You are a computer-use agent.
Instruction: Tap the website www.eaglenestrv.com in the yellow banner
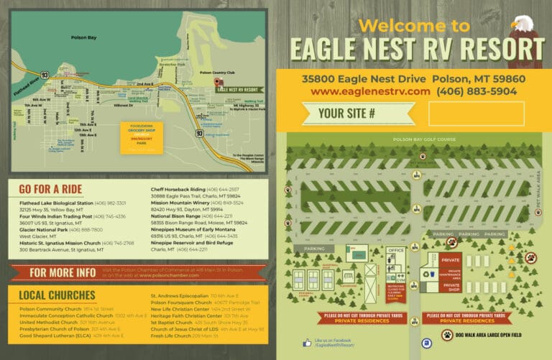pyautogui.click(x=370, y=91)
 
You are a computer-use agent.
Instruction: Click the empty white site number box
pyautogui.click(x=476, y=114)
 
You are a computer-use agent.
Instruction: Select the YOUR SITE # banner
pyautogui.click(x=350, y=114)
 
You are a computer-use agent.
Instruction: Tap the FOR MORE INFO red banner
pyautogui.click(x=62, y=272)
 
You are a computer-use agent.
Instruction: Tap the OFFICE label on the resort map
pyautogui.click(x=396, y=250)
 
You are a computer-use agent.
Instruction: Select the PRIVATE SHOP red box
pyautogui.click(x=451, y=285)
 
